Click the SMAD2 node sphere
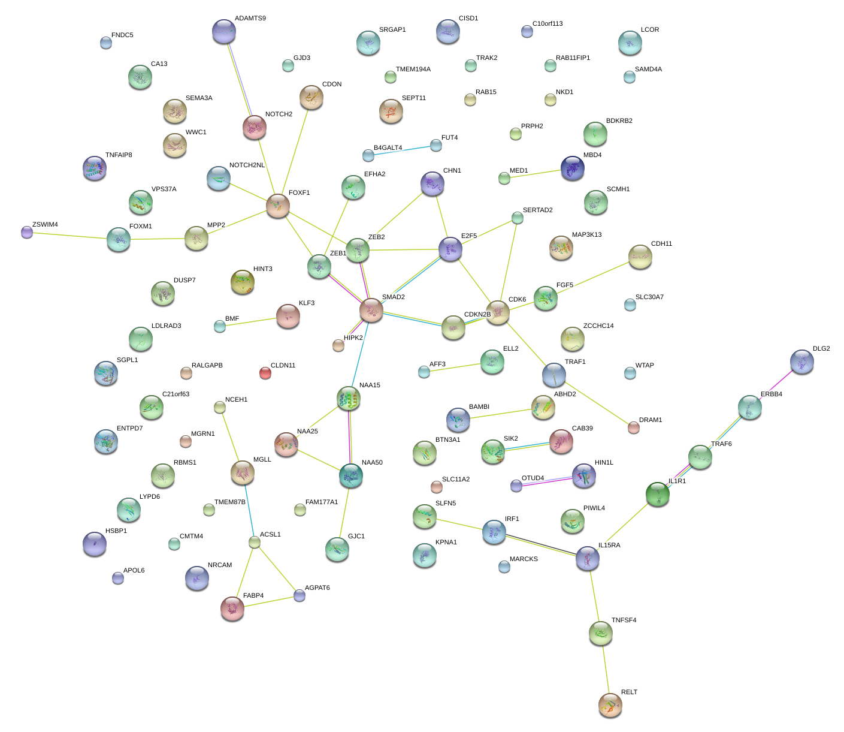[371, 310]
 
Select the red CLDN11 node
[265, 373]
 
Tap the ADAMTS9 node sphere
[224, 31]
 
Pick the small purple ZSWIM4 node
[27, 232]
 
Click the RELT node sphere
[610, 704]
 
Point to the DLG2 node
[801, 362]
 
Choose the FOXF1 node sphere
[278, 206]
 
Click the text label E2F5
[469, 236]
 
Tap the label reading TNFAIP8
[119, 155]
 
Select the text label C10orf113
[547, 23]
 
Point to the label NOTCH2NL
[247, 165]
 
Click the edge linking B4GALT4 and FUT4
[402, 150]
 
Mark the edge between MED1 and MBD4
[533, 174]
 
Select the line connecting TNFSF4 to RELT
[606, 669]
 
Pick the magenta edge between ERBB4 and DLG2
[776, 384]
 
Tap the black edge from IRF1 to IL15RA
[541, 544]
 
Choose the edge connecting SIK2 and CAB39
[527, 447]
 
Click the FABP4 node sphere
[232, 608]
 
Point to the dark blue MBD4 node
[572, 168]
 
